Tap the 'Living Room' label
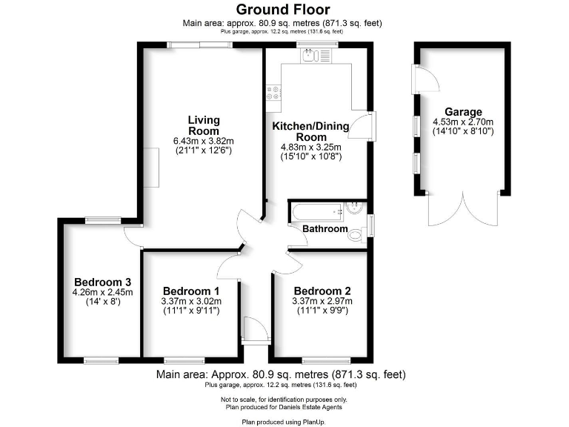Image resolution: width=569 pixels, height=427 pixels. coord(203,125)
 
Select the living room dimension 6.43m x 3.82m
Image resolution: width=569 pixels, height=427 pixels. coord(203,141)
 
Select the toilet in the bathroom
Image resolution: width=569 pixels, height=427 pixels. coord(356,234)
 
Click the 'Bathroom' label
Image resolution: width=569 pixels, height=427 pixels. coord(325,229)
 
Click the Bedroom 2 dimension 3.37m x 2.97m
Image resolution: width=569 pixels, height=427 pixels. coord(322,301)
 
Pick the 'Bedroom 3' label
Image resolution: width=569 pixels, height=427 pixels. coord(102,282)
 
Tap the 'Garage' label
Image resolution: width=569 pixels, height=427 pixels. coord(464,112)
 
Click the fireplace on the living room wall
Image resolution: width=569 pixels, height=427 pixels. coord(152,167)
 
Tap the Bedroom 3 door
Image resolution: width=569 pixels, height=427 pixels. coord(133,236)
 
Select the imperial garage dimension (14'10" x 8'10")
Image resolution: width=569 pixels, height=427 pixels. coord(464,131)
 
